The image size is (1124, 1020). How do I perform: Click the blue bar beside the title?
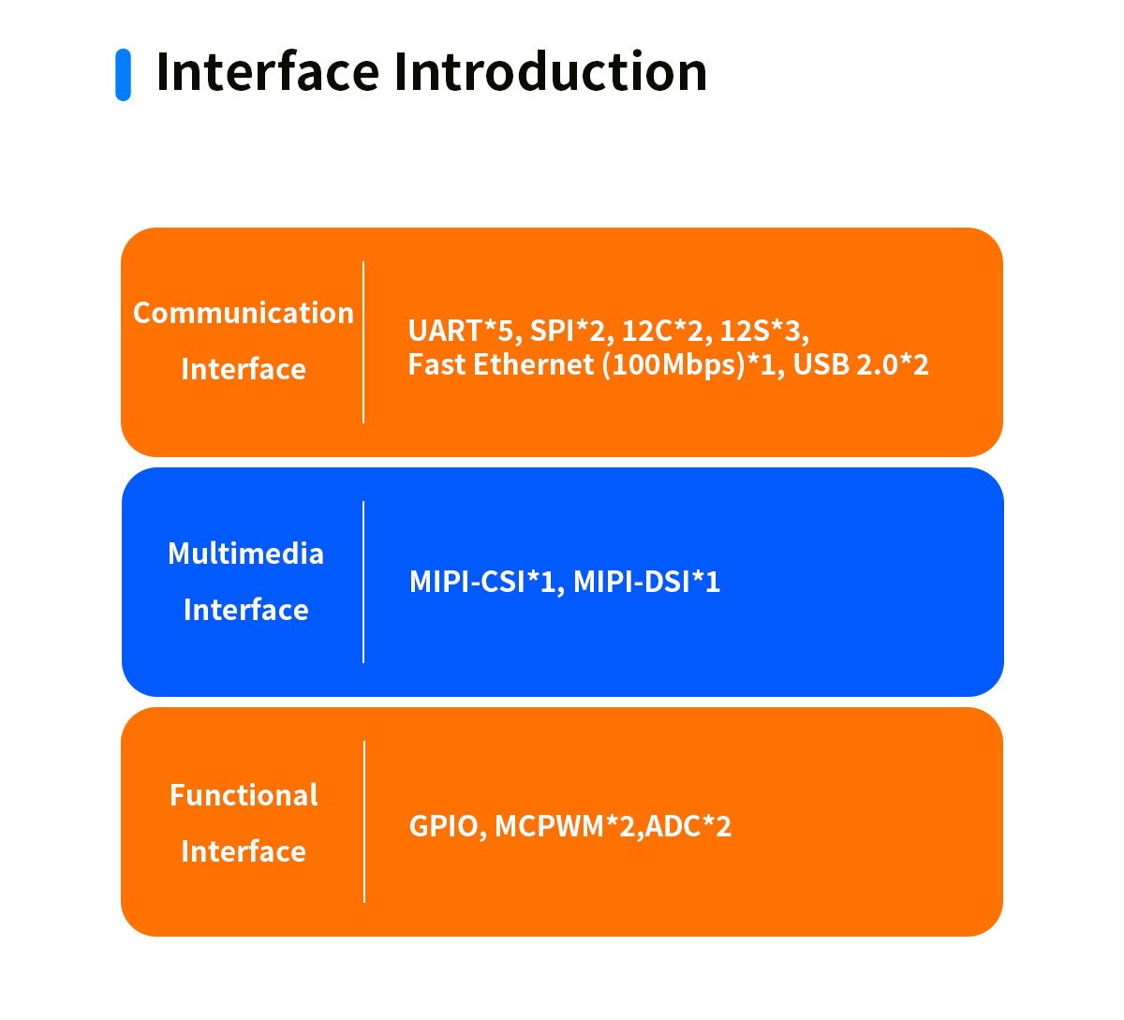tap(123, 75)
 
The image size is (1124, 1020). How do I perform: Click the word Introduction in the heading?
tap(550, 72)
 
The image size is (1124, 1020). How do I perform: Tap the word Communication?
tap(244, 313)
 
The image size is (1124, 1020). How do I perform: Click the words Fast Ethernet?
tap(500, 365)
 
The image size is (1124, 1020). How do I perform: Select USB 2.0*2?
tap(861, 365)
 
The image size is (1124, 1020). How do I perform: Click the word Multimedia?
tap(245, 554)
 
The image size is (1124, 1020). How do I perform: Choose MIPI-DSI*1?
tap(646, 582)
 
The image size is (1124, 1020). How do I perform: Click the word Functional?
tap(244, 795)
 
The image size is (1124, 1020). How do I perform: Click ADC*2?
tap(688, 827)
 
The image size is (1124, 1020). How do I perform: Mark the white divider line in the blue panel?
tap(363, 582)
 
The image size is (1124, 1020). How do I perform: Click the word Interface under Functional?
tap(244, 851)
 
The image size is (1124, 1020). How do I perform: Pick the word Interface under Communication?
tap(244, 369)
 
